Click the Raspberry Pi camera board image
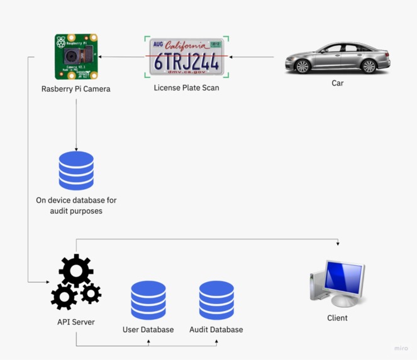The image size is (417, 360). pos(76,57)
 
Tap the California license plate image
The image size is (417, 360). pos(186,57)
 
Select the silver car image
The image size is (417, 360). pos(337,58)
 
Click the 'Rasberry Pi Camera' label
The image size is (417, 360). pos(76,89)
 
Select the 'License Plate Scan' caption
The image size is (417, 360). pos(186,87)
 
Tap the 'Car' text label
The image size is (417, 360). pos(338,83)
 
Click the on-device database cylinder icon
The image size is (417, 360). pos(76,170)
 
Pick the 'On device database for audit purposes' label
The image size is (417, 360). pos(76,205)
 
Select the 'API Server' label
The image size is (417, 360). pos(76,322)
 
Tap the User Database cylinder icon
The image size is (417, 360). pos(148,300)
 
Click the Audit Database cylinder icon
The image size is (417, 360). pos(216,300)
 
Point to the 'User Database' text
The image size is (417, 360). pos(148,329)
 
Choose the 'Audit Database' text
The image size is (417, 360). pos(216,329)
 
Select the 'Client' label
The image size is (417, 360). pos(338,318)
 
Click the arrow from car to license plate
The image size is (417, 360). pos(252,57)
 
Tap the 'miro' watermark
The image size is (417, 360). pos(401,348)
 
